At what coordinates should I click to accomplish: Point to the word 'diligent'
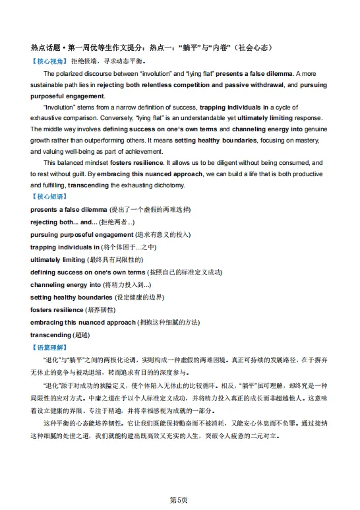(x=230, y=163)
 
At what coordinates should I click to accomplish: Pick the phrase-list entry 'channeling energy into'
(x=65, y=284)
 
